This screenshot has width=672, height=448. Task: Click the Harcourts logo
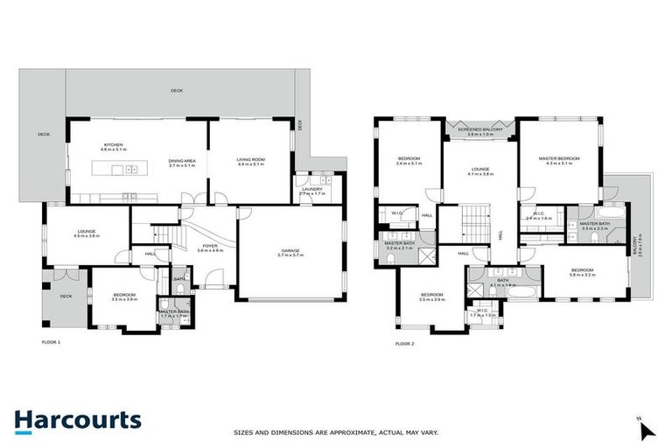(x=77, y=420)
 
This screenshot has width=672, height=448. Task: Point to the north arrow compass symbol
(x=646, y=429)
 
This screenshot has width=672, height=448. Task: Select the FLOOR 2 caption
(x=404, y=344)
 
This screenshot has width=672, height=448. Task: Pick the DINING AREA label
(x=182, y=162)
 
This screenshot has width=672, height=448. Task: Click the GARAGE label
(x=290, y=250)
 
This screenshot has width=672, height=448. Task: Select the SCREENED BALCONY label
(x=479, y=129)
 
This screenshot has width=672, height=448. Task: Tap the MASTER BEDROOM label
(x=557, y=157)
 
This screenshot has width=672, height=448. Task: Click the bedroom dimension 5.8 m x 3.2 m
(x=583, y=275)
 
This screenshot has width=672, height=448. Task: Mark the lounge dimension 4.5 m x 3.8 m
(x=85, y=236)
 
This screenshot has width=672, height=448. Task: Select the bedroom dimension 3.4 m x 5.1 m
(x=409, y=164)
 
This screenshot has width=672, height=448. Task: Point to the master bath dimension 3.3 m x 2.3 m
(x=595, y=229)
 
